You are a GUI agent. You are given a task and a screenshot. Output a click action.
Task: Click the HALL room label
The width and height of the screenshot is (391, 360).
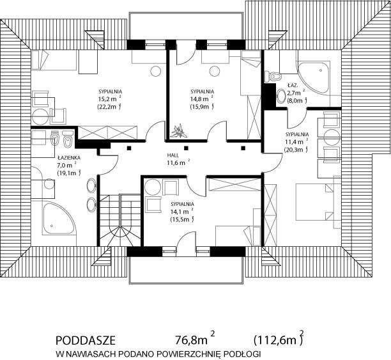[x=172, y=155]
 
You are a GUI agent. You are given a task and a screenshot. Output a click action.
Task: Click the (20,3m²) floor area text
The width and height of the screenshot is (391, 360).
[x=296, y=150]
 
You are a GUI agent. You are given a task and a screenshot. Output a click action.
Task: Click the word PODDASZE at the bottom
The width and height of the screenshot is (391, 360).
[x=86, y=341]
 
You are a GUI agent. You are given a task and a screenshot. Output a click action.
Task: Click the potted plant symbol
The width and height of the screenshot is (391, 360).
[x=178, y=131]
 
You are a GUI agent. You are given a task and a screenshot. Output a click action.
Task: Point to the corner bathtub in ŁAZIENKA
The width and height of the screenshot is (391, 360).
[x=58, y=219]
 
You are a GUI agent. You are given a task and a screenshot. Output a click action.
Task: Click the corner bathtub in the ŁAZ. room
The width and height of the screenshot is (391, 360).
[x=314, y=77]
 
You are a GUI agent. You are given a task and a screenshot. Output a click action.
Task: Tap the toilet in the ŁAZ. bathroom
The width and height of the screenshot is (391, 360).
[x=272, y=76]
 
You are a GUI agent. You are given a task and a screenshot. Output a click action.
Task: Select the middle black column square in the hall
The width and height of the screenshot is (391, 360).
[x=186, y=148]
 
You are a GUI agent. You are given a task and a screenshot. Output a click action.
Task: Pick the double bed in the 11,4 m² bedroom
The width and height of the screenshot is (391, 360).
[x=315, y=202]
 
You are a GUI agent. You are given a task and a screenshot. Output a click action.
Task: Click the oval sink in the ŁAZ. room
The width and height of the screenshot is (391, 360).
[x=281, y=96]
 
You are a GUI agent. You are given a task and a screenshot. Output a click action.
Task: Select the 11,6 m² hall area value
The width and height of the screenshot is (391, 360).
[x=178, y=163]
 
